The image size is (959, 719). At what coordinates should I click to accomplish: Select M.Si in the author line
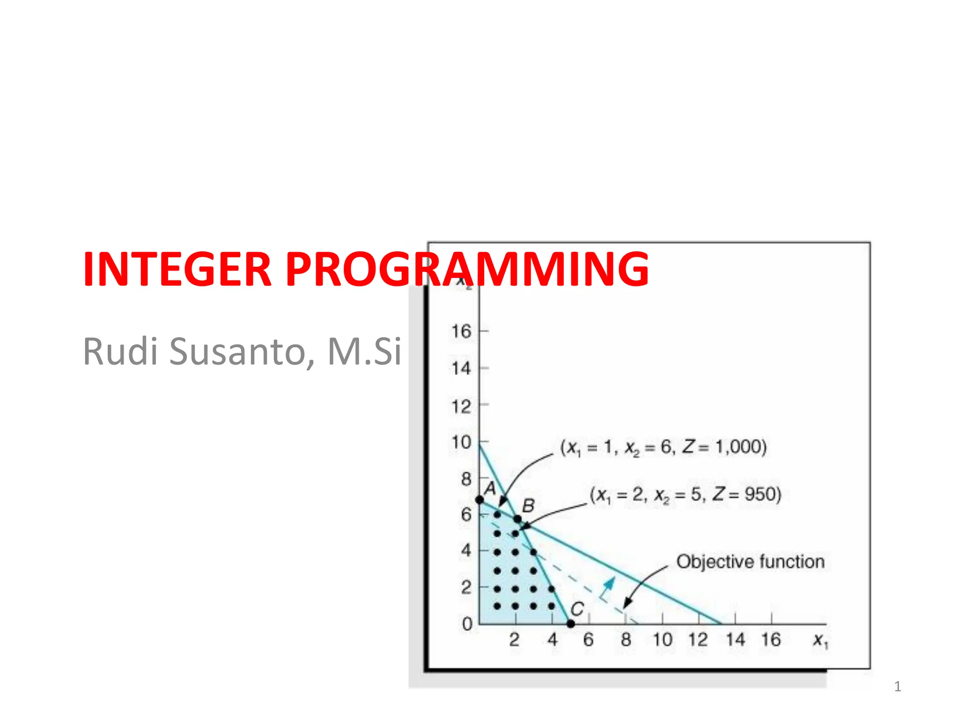(x=364, y=352)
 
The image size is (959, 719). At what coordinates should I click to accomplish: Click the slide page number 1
(x=897, y=687)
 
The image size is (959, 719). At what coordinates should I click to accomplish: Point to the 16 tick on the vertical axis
(x=461, y=331)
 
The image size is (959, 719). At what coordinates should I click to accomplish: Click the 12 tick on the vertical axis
(x=461, y=406)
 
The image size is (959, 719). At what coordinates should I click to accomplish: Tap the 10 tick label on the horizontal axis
(x=662, y=639)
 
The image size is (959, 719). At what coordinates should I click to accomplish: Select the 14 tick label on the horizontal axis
(x=735, y=639)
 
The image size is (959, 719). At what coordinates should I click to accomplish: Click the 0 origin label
(x=467, y=624)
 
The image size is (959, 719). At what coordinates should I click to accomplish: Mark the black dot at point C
(x=570, y=624)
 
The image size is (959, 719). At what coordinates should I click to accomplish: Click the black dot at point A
(x=479, y=500)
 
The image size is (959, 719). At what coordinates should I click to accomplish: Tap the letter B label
(x=528, y=506)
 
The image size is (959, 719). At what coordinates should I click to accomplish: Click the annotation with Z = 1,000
(x=663, y=448)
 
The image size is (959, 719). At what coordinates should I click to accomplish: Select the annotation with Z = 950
(x=686, y=495)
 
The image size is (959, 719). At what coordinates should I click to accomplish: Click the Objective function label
(x=750, y=562)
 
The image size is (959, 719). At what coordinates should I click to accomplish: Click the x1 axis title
(x=820, y=640)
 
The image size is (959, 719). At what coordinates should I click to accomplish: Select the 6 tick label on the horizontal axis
(x=588, y=639)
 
